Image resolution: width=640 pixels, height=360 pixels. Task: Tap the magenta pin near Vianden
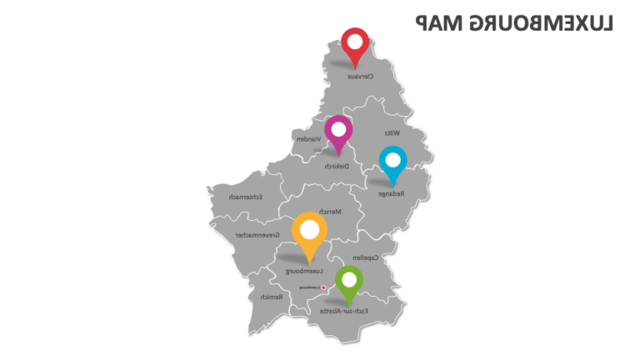click(x=337, y=132)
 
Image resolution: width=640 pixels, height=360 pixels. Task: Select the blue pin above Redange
click(x=392, y=162)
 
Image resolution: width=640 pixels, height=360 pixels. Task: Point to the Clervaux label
click(x=360, y=76)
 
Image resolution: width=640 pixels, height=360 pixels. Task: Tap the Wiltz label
click(x=392, y=132)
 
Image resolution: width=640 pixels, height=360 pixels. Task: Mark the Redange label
click(x=391, y=193)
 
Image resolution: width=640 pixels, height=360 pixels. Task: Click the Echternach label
click(x=246, y=197)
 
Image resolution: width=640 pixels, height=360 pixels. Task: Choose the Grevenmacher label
click(x=255, y=235)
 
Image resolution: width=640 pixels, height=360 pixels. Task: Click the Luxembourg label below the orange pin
click(x=305, y=271)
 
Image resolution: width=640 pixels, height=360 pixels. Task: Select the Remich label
click(x=268, y=297)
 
